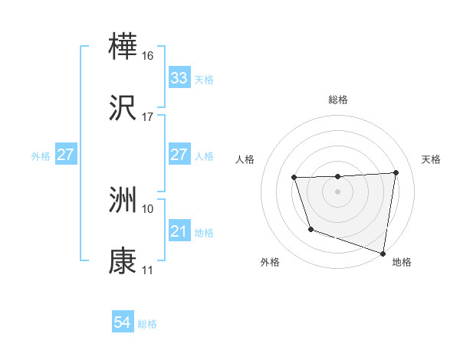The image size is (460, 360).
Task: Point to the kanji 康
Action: (123, 262)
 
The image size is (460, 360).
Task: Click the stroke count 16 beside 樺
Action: (148, 55)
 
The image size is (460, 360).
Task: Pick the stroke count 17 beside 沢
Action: (148, 118)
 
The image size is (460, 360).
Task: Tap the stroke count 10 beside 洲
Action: (148, 208)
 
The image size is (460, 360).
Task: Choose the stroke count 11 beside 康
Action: (148, 271)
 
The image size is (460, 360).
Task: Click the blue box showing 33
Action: (179, 78)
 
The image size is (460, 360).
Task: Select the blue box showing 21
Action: (179, 231)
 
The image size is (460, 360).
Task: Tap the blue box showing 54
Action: (122, 323)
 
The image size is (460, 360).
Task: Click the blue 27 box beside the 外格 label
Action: (65, 155)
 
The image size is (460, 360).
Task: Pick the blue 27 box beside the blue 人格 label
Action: (179, 155)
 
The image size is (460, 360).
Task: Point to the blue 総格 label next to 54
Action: (147, 324)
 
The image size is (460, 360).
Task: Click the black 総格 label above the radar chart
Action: (338, 100)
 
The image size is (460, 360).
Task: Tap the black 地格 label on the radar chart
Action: (402, 262)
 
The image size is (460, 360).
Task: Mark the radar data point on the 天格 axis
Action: (396, 172)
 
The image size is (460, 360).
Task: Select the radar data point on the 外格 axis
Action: (310, 229)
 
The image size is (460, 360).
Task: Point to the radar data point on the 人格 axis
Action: (294, 178)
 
